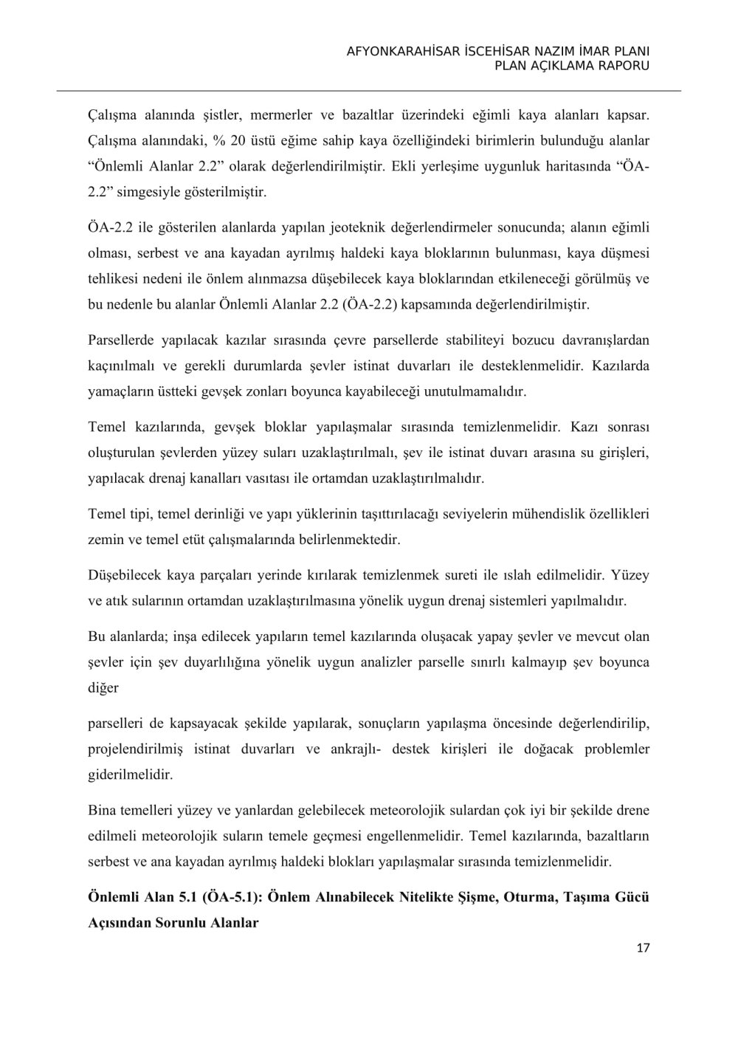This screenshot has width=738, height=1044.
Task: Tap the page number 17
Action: (643, 947)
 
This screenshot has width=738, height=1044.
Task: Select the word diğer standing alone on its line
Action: (103, 687)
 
